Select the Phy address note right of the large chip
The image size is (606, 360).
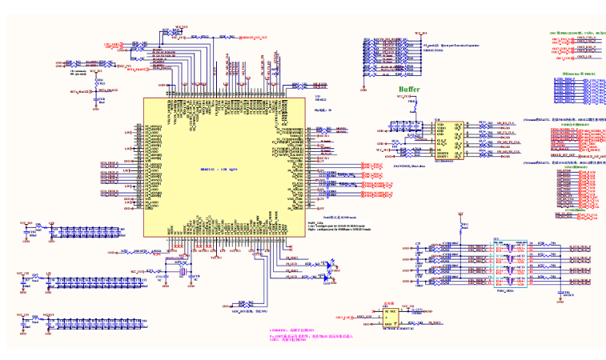coord(323,110)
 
